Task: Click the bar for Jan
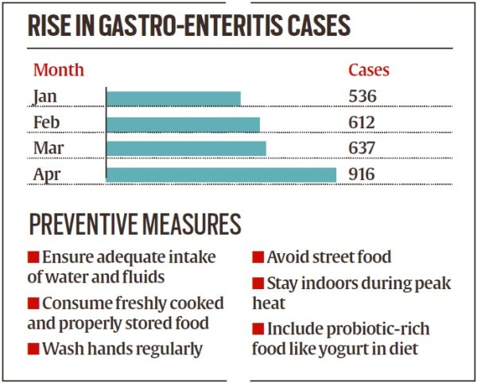coord(173,98)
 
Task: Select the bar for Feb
coord(183,123)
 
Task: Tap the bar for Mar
coord(186,148)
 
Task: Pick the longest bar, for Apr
coord(221,174)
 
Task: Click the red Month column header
coord(58,70)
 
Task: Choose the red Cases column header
coord(369,70)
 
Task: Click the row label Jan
coord(45,97)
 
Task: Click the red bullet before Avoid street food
coord(258,258)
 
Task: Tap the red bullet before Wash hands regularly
coord(33,350)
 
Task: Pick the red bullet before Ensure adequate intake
coord(33,258)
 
